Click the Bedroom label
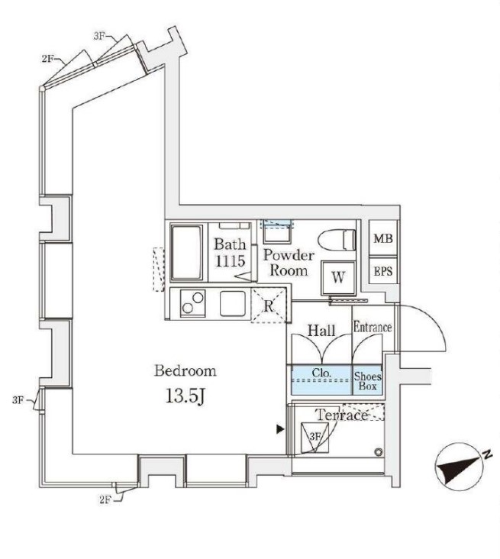pos(185,371)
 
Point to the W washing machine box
pos(337,277)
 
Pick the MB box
pos(383,240)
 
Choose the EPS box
pos(383,270)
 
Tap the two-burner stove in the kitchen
pos(192,304)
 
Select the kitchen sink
pos(233,304)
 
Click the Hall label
pos(320,330)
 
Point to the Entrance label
pos(372,328)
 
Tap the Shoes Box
pos(368,380)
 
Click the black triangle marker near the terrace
pos(280,431)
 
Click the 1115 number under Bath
pos(229,261)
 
